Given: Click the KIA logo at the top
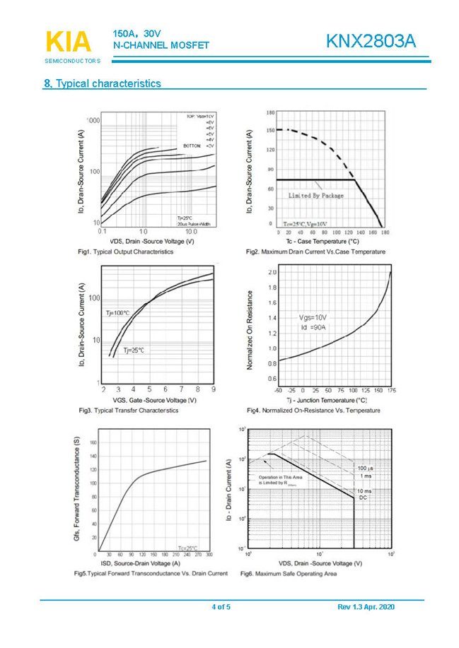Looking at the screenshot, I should point(68,42).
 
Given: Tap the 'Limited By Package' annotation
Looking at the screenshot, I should point(315,195).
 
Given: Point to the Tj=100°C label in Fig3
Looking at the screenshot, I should point(117,312).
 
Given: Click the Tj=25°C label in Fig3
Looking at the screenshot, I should point(134,350).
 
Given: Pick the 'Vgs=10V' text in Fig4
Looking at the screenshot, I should point(313,318).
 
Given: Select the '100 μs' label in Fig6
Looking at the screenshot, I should point(366,469).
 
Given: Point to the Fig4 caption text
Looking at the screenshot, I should point(313,411).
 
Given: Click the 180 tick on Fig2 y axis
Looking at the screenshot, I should point(270,113).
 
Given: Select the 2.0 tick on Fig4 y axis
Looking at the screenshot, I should point(272,272).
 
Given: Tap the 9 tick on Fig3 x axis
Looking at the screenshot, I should point(213,389).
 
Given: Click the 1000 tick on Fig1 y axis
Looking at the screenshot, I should point(93,121).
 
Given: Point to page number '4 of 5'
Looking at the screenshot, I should point(221,607).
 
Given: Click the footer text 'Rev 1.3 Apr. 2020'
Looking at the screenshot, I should point(366,607).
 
